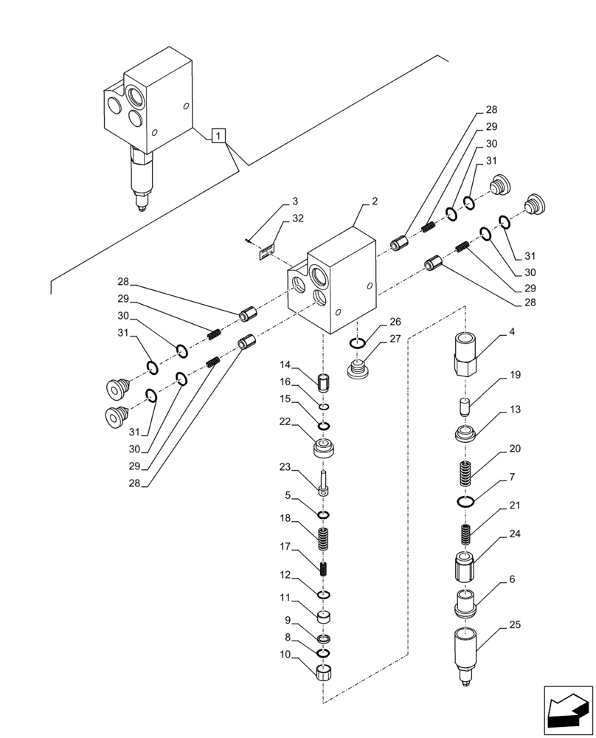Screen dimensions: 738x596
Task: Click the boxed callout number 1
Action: coord(220,135)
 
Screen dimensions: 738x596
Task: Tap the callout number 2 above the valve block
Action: coord(375,201)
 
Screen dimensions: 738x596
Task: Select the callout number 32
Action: coord(297,218)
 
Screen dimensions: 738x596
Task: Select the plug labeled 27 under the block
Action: coord(358,369)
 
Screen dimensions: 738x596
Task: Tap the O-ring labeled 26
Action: coord(357,342)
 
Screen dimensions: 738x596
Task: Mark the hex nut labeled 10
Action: coord(324,673)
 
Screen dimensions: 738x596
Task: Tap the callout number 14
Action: coord(285,365)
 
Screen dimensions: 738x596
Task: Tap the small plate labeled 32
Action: coord(266,252)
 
